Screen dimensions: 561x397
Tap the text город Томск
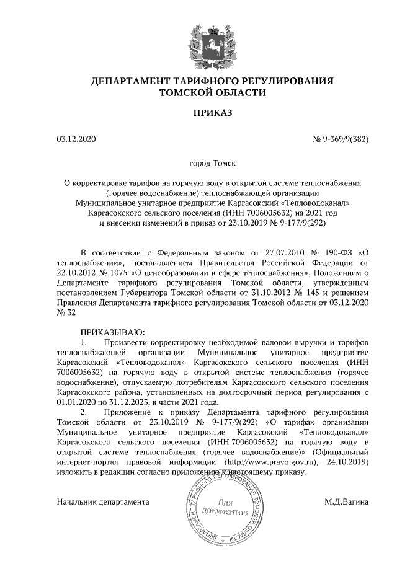212,165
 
